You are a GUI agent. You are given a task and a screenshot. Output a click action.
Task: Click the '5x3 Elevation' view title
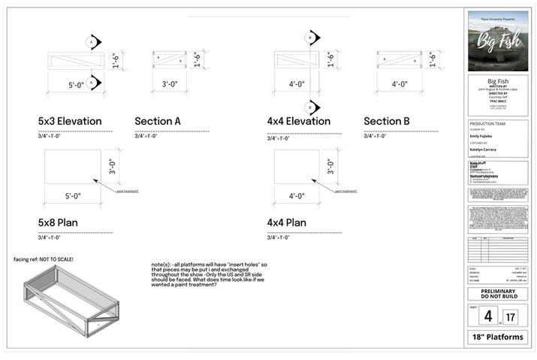coord(70,121)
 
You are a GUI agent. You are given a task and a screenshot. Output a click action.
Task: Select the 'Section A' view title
coord(158,121)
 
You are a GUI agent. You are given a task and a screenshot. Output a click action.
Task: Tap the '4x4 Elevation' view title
coord(298,121)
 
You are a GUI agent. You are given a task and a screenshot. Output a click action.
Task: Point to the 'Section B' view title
coord(387,121)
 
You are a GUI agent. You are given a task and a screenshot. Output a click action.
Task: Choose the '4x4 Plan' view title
coord(286,223)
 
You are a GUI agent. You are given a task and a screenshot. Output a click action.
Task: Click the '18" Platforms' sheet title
coord(498,337)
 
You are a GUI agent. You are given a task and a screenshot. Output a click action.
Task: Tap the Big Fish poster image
coord(498,41)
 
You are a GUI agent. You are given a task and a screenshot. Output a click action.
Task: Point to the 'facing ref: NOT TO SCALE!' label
coord(44,259)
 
